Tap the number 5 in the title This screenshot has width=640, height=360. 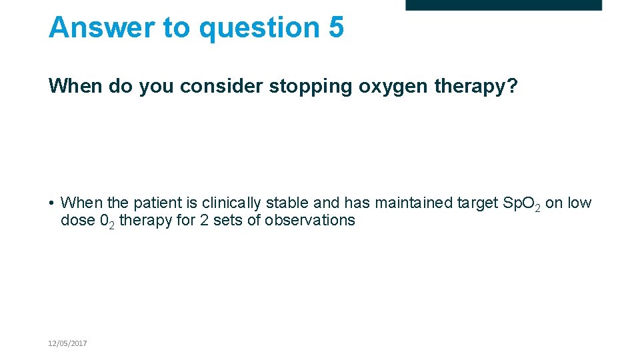pos(336,28)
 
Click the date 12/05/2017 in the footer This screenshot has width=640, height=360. pos(67,343)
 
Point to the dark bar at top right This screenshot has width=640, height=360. pos(503,5)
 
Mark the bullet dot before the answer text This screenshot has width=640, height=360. pos(51,203)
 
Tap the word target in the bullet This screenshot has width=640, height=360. pos(479,203)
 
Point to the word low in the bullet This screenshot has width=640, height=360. pos(579,203)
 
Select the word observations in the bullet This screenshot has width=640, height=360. pos(310,220)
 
